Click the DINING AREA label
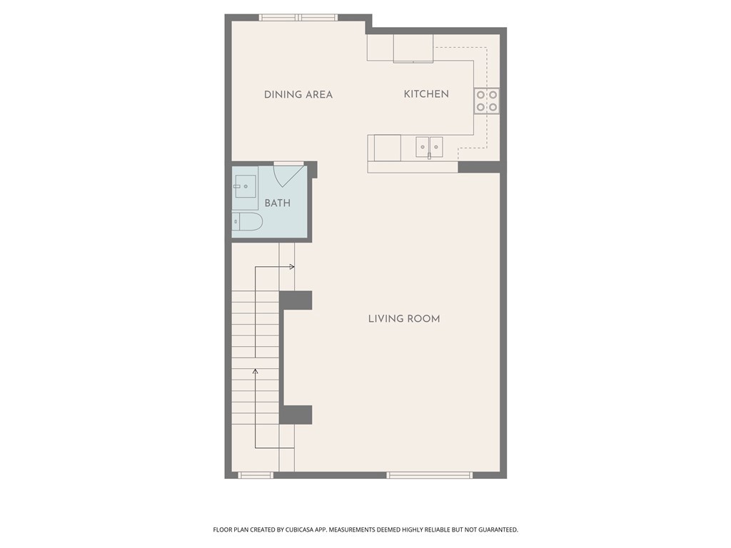pos(298,95)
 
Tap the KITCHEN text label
pos(426,94)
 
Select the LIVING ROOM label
pos(404,319)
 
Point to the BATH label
pos(278,203)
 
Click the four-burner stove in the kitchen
pos(487,101)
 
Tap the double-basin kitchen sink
pos(429,147)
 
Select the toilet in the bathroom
pos(247,222)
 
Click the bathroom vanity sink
pos(244,186)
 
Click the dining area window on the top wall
pos(298,18)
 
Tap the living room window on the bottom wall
pos(429,475)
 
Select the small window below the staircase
pos(256,475)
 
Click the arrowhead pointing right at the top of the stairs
pos(292,267)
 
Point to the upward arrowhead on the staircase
pos(255,371)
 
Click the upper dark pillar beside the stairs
pos(296,300)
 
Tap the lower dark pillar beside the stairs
pos(296,415)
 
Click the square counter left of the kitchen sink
pos(384,148)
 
